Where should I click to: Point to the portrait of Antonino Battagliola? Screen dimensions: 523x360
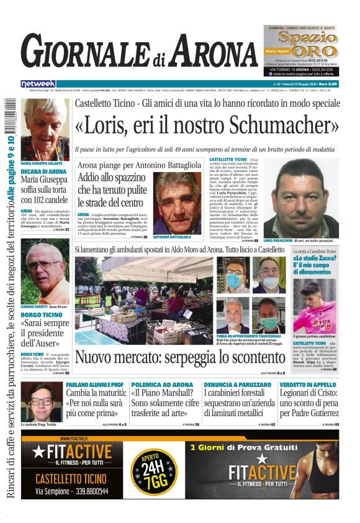coord(177,202)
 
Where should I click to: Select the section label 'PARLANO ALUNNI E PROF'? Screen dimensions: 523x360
coord(94,385)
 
